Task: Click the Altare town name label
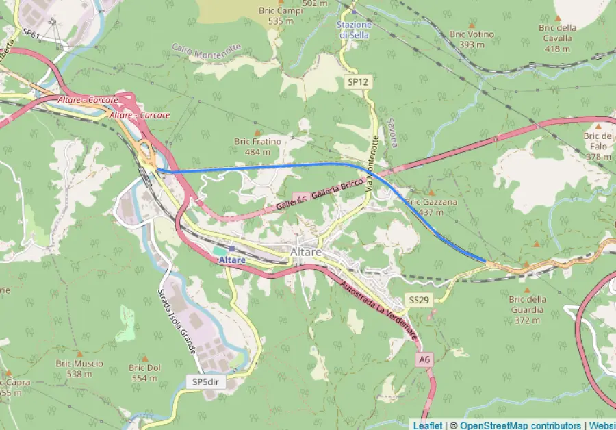click(306, 252)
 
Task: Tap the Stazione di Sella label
click(354, 29)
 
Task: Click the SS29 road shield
click(419, 300)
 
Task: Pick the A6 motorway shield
click(425, 359)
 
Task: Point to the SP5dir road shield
click(205, 381)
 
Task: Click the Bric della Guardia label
click(527, 304)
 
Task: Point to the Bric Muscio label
click(79, 368)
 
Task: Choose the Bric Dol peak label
click(145, 372)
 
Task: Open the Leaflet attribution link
click(427, 425)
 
